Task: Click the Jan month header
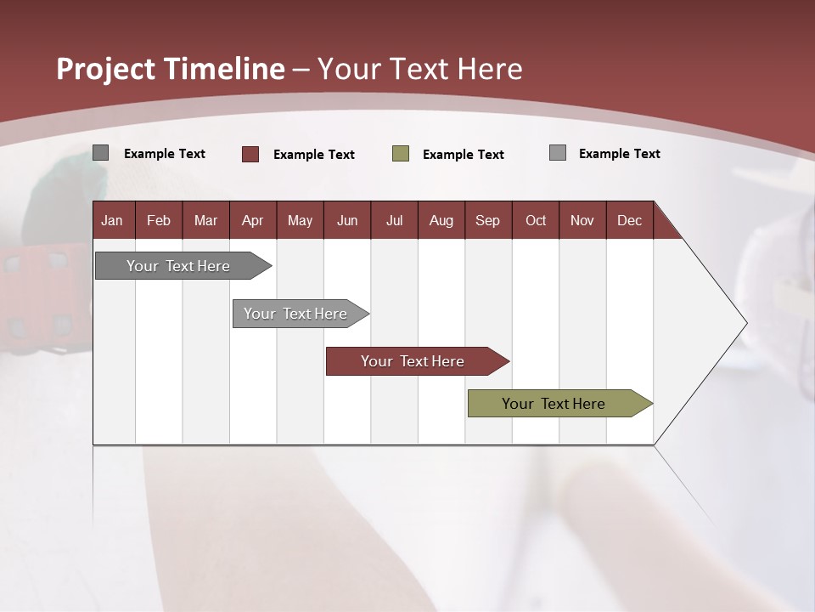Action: point(113,220)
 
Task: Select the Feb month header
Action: point(159,220)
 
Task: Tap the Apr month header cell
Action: point(253,220)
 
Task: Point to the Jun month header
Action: point(347,220)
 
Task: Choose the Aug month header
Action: point(441,220)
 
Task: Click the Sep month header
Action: point(488,220)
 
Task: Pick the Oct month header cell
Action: point(536,220)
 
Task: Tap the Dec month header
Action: point(630,220)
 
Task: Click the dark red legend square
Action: point(250,154)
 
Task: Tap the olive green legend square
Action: point(401,154)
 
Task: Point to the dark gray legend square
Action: point(101,153)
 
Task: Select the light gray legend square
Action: point(558,153)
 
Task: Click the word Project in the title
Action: point(105,69)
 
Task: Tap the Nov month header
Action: point(582,220)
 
